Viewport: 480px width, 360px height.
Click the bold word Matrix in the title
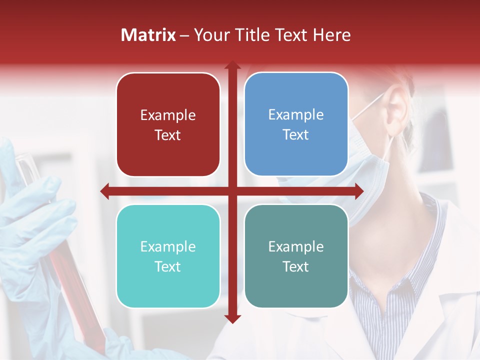point(148,35)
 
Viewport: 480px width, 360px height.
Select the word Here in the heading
point(332,35)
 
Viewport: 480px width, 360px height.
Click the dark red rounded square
point(168,124)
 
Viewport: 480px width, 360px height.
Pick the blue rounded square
point(296,124)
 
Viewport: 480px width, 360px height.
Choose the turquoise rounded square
point(168,256)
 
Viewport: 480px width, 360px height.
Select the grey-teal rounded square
point(296,256)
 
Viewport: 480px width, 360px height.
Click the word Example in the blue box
point(296,114)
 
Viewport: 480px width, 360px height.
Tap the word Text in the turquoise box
point(168,266)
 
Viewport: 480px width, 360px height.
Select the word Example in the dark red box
point(168,115)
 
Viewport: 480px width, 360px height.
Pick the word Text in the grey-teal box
point(296,266)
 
